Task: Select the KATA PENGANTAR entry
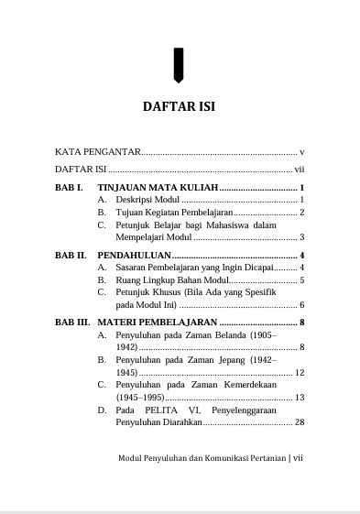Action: (93, 150)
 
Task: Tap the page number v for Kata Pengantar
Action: (301, 150)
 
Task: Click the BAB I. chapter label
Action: (69, 187)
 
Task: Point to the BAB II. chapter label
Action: (71, 254)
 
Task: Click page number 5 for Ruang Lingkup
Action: (301, 279)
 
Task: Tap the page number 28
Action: (299, 423)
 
